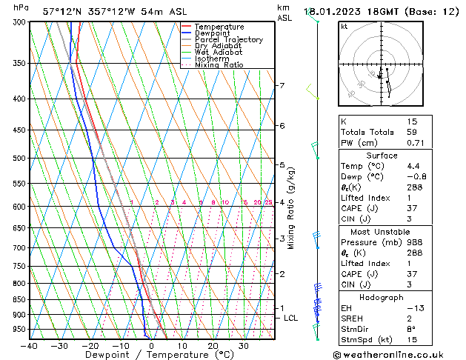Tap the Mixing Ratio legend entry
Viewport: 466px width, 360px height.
click(219, 65)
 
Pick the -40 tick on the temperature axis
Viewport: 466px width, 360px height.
click(30, 346)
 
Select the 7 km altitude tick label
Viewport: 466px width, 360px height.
click(281, 86)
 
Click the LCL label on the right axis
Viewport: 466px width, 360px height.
click(291, 319)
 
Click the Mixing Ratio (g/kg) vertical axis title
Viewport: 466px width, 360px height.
click(291, 208)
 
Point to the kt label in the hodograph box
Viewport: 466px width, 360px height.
click(344, 27)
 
